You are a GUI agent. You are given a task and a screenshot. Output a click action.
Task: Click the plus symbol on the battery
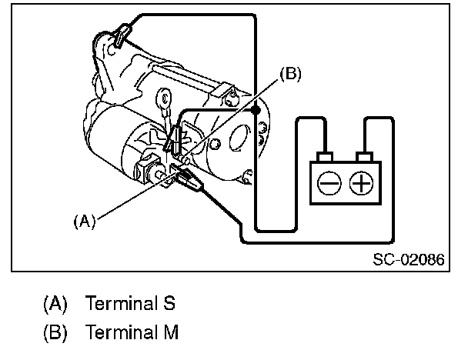(360, 183)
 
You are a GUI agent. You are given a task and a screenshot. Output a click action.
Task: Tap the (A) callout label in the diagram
(84, 221)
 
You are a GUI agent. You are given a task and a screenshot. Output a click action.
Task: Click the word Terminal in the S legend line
(122, 302)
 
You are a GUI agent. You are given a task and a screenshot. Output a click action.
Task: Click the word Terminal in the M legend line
(122, 333)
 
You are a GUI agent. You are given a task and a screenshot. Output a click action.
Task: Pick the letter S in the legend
(170, 302)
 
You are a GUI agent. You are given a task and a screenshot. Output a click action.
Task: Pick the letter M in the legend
(172, 333)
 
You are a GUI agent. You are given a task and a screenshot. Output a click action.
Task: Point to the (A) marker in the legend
(55, 302)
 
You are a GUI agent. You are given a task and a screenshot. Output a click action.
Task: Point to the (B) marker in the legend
(55, 333)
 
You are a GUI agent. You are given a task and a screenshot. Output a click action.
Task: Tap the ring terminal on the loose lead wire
(163, 98)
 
